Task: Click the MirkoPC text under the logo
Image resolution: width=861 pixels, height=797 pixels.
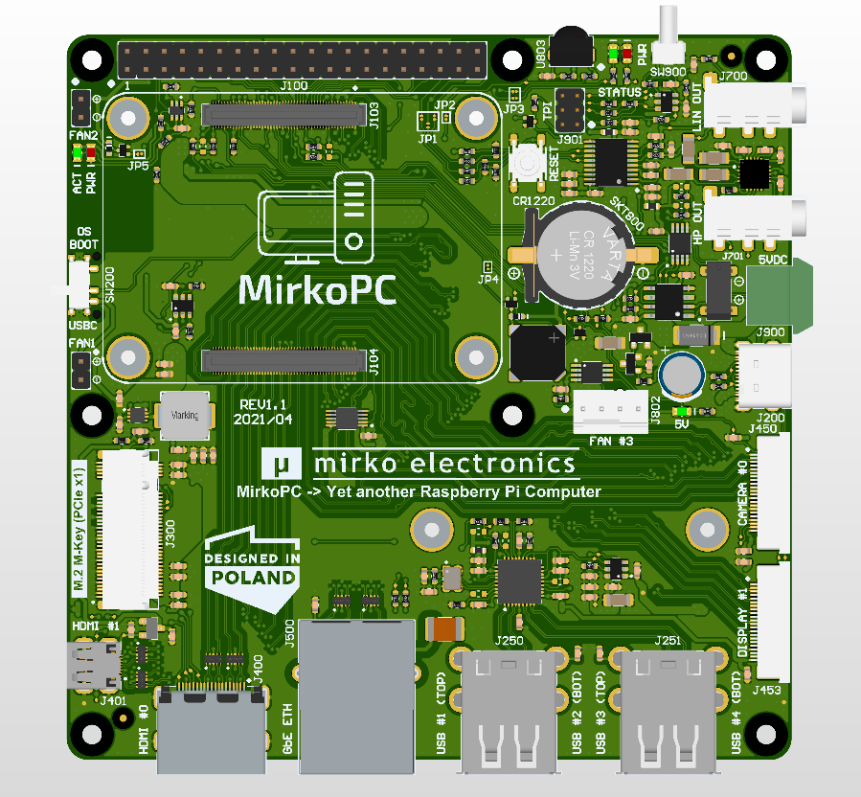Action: [x=317, y=288]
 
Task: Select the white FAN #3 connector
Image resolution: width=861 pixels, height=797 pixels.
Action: [x=611, y=408]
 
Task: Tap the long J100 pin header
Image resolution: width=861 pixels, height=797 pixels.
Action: [x=303, y=61]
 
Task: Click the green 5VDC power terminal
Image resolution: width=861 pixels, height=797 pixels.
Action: [x=775, y=296]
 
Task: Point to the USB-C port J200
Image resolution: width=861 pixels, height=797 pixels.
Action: [x=766, y=375]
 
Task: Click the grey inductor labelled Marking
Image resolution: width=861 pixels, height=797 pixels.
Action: [x=185, y=415]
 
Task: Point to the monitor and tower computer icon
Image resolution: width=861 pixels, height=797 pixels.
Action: [x=317, y=220]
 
